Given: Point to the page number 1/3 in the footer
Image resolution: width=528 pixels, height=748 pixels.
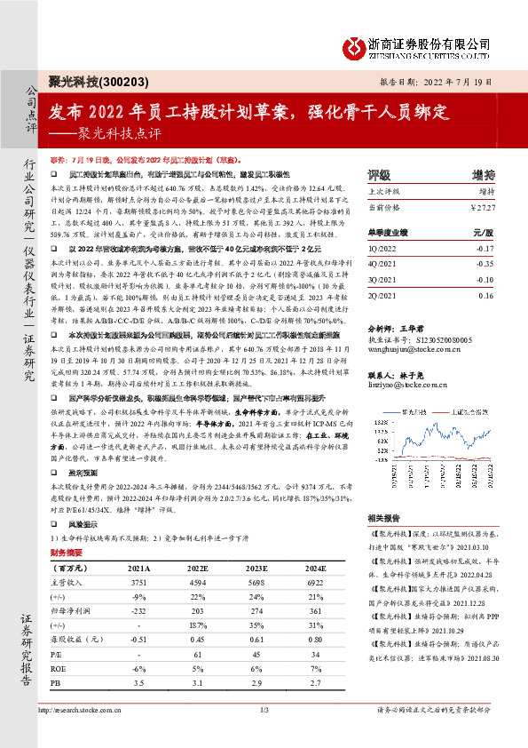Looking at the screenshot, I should (x=264, y=711).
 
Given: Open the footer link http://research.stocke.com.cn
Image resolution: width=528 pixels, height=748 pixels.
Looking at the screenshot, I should (x=98, y=711).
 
